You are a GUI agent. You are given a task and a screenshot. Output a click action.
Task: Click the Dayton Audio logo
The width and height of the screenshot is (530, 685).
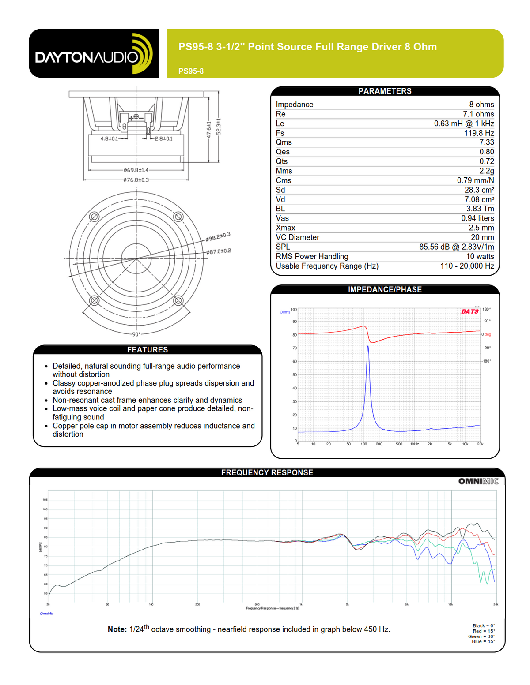coord(94,53)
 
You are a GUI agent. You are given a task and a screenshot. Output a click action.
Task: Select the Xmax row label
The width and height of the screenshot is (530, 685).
coord(285,228)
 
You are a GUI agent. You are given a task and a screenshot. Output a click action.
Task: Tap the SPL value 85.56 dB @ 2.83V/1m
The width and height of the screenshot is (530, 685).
coord(456,247)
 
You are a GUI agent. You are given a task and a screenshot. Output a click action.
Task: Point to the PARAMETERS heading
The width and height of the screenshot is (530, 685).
coord(385,91)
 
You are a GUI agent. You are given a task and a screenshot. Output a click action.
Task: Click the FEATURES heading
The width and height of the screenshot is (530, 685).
coord(148,349)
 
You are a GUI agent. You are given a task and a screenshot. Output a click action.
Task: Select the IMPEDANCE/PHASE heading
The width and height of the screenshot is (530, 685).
coord(385,289)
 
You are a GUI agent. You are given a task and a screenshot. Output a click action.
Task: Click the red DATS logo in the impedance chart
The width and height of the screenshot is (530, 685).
coord(470,311)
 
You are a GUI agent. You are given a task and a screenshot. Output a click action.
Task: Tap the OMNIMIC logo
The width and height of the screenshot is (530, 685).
coord(478,481)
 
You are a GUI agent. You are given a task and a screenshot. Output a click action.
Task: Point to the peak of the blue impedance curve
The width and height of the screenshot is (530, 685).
coord(368,346)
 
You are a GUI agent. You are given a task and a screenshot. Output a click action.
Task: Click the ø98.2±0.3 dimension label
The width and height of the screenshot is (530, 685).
coord(218,237)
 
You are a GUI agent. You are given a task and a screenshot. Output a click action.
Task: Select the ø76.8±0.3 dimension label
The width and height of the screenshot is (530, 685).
coord(136,180)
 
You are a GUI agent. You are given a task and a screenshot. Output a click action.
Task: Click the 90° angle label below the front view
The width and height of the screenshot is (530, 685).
coord(136,334)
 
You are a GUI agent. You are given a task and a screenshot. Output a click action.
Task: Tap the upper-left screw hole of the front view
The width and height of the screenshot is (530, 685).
coord(94,217)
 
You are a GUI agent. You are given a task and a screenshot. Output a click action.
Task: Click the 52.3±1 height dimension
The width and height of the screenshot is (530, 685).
coord(218,127)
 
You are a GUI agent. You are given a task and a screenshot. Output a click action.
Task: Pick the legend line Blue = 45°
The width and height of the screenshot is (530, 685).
coord(483,641)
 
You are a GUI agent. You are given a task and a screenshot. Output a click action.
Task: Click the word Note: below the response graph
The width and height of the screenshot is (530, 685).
coord(117,629)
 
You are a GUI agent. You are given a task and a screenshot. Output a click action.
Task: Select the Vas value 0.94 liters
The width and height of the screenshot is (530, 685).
coord(477,218)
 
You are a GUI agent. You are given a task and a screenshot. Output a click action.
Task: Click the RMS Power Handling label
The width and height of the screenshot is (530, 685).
coord(312,256)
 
